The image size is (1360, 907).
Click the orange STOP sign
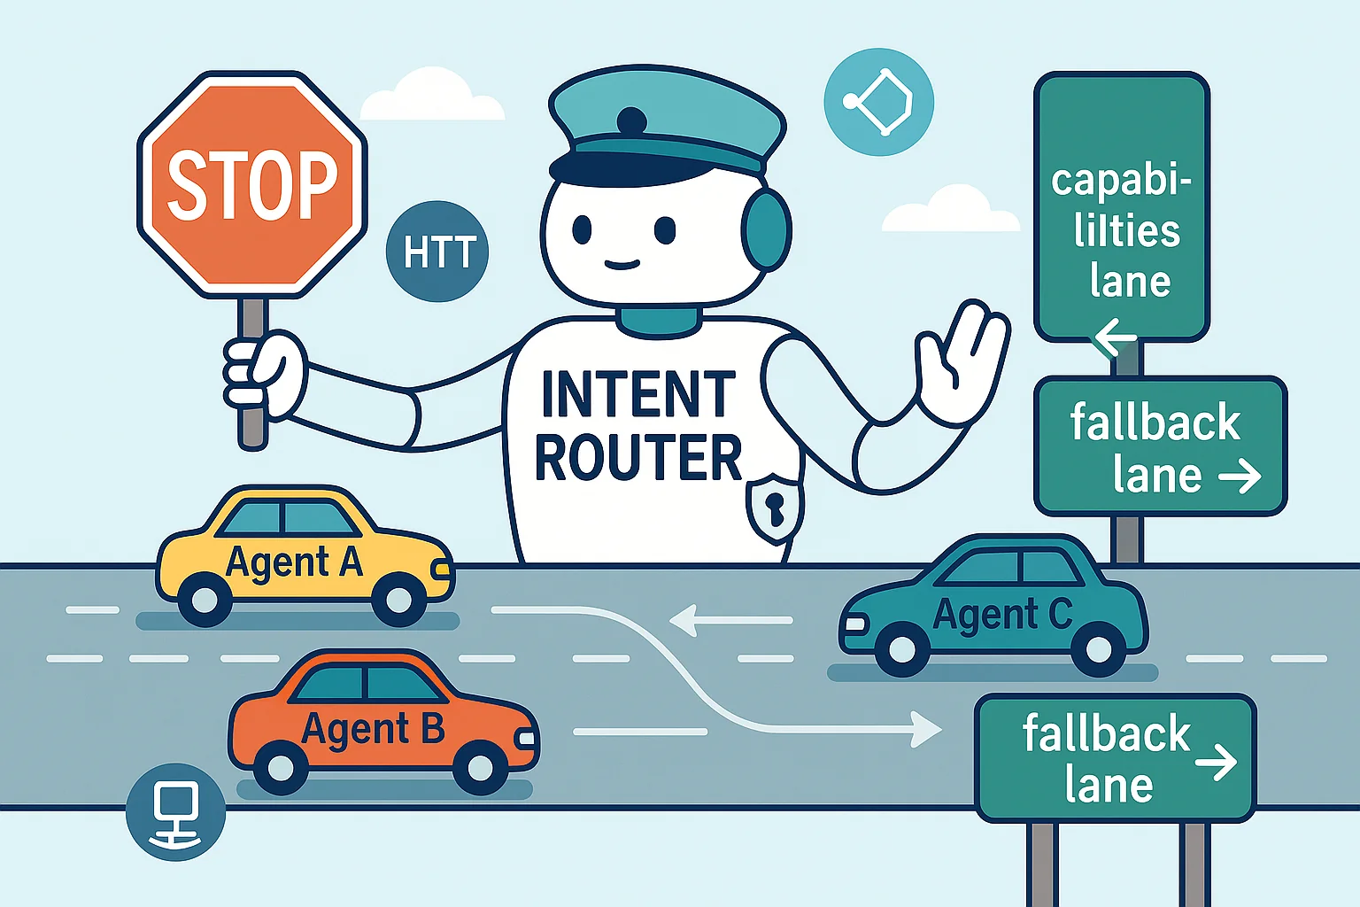(x=252, y=184)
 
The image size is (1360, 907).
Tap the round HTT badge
(x=437, y=252)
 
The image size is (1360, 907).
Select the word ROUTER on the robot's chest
(x=637, y=458)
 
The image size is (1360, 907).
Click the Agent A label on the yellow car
(x=294, y=562)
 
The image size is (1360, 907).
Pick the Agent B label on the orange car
(x=373, y=729)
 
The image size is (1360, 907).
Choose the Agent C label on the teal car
(x=1002, y=614)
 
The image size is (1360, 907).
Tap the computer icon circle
(x=175, y=811)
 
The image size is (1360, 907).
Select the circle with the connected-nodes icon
(x=878, y=102)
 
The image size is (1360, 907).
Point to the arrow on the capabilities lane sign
(x=1114, y=337)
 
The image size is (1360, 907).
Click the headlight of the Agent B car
(x=526, y=737)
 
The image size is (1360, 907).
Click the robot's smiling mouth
(x=622, y=263)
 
